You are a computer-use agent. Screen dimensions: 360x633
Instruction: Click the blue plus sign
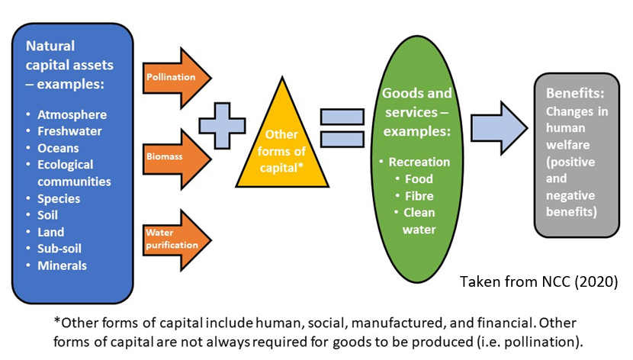[x=227, y=127]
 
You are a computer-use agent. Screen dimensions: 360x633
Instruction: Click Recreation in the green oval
[x=419, y=162]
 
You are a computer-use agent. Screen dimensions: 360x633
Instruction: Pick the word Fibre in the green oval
[x=419, y=196]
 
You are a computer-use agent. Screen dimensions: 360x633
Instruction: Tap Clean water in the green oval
[x=419, y=220]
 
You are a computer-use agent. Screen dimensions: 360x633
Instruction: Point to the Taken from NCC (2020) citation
[x=537, y=280]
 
